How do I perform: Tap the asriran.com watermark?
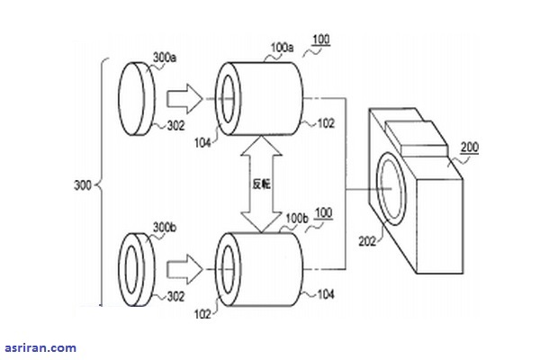coord(39,347)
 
